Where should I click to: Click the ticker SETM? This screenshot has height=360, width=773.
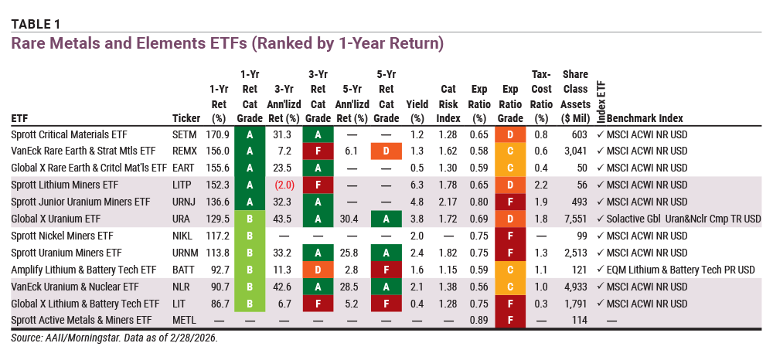186,134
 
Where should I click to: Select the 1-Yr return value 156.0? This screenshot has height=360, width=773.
219,151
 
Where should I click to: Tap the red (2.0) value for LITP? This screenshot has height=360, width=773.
284,185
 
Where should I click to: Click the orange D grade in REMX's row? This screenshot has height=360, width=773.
386,151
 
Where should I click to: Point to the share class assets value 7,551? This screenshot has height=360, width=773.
576,219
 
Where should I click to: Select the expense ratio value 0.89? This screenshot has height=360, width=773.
480,321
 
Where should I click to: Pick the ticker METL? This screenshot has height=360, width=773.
185,321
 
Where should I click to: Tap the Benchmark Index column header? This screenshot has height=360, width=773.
645,118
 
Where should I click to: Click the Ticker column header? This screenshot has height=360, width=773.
186,118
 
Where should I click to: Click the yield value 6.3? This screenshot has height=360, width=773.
417,185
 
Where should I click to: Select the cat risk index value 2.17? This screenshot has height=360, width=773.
451,202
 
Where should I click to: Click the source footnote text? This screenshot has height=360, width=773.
114,338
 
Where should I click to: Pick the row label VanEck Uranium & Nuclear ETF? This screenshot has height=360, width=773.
75,287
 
